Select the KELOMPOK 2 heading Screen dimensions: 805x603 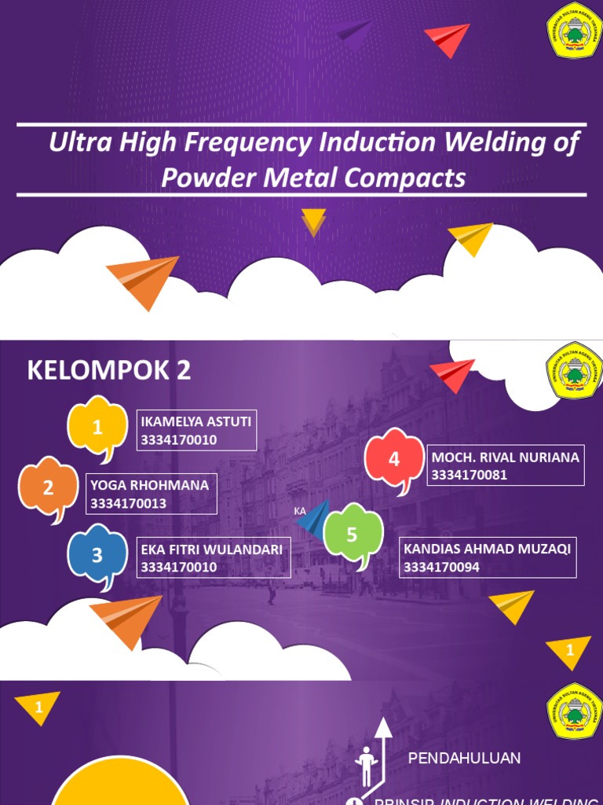[x=109, y=370]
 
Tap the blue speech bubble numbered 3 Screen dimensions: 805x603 [x=97, y=555]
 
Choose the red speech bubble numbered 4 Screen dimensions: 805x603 [x=394, y=459]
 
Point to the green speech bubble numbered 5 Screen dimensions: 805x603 [x=353, y=535]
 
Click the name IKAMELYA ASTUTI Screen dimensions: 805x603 [x=196, y=421]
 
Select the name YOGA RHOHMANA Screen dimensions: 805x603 [x=149, y=485]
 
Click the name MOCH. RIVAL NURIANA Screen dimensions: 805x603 [x=506, y=457]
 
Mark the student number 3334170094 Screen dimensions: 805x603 [x=442, y=568]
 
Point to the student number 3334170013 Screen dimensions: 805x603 [x=128, y=504]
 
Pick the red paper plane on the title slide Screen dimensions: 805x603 [x=448, y=39]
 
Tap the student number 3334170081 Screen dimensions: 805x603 [x=469, y=475]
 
